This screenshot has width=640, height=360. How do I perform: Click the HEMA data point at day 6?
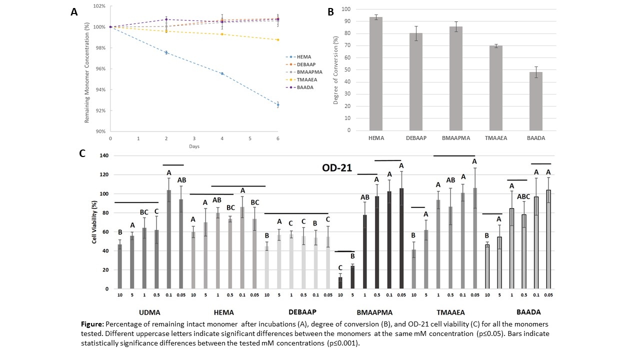pos(278,104)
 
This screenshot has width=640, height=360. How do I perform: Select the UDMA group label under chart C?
pos(149,312)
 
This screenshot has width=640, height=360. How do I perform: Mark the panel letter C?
pos(83,154)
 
